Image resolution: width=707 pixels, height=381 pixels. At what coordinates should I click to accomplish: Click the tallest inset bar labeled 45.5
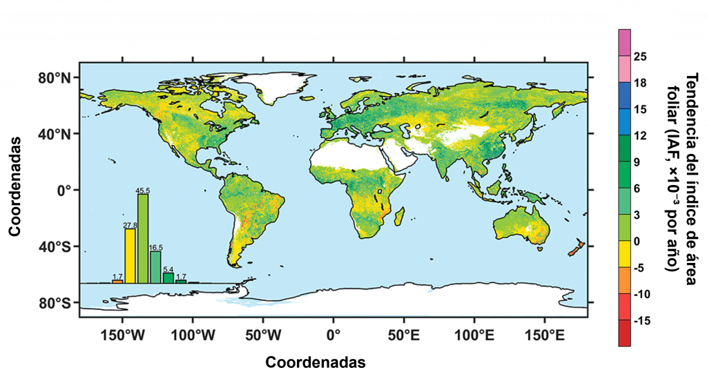[143, 239]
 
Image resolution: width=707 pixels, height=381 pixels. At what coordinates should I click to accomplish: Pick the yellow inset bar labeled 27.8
[130, 255]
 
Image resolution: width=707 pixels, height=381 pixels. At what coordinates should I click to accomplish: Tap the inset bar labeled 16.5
[155, 266]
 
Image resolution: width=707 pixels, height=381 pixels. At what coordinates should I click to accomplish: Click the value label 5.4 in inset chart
[168, 269]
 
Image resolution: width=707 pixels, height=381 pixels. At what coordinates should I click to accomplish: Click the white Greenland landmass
[280, 86]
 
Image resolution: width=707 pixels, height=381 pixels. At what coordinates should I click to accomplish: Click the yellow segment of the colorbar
[624, 254]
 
